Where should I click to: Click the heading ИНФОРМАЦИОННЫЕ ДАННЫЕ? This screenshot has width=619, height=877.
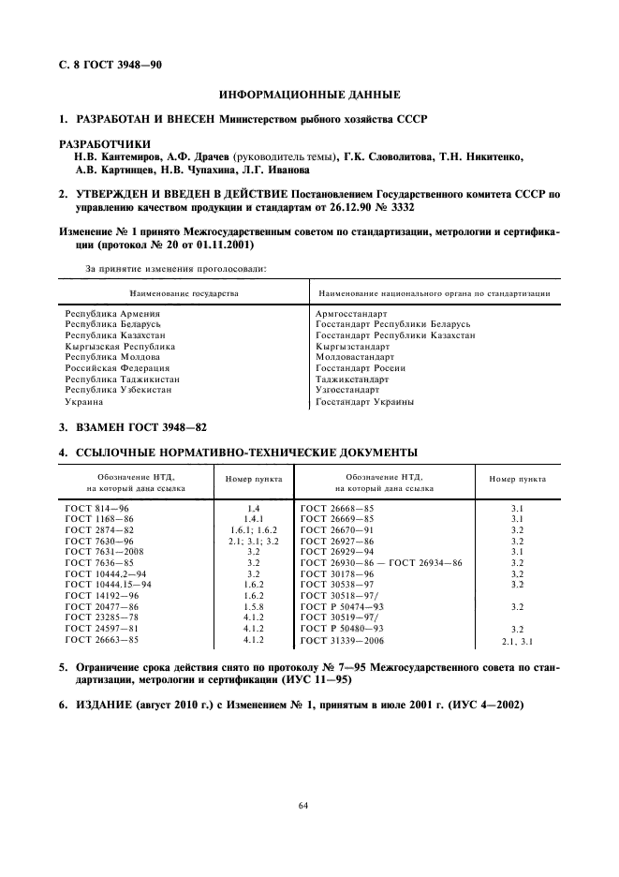tap(309, 95)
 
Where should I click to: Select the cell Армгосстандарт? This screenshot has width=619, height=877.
tap(353, 313)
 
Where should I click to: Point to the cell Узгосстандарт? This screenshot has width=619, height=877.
tap(348, 390)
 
